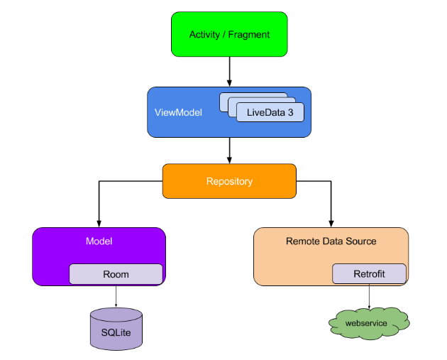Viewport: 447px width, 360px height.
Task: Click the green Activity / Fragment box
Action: [229, 34]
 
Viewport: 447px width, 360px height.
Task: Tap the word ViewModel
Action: [178, 112]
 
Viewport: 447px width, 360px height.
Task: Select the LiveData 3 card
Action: [270, 112]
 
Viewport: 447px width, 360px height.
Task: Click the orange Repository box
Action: [229, 181]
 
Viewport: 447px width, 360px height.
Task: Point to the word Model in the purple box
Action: [99, 241]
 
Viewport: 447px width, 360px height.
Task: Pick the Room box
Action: [116, 274]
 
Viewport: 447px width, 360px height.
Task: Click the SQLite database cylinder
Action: [116, 329]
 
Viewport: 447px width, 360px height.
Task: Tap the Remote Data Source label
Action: [331, 241]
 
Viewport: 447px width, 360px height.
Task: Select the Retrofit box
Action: [369, 274]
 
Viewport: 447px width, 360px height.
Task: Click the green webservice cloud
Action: [369, 324]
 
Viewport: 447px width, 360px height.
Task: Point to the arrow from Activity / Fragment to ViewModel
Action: [229, 72]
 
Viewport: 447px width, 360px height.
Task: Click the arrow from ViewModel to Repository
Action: [229, 151]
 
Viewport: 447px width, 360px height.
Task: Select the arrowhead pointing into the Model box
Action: [99, 224]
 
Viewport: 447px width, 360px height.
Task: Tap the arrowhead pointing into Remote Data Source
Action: [331, 224]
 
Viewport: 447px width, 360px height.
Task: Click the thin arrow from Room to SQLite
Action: [116, 296]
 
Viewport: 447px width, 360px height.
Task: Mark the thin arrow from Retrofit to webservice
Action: [369, 296]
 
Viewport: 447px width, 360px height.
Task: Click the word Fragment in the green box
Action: [249, 35]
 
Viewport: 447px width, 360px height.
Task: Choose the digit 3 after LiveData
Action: [290, 112]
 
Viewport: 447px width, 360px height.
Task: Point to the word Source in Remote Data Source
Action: [361, 241]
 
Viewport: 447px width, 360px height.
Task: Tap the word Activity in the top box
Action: [204, 35]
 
